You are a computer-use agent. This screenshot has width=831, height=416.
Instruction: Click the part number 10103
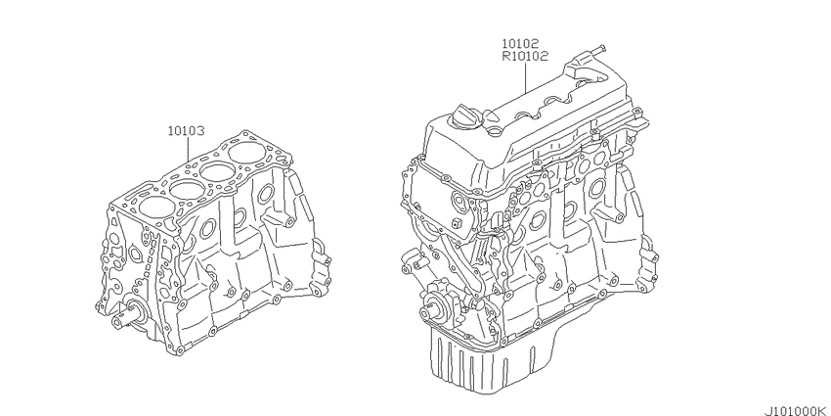186,130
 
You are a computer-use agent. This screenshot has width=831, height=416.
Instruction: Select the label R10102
525,56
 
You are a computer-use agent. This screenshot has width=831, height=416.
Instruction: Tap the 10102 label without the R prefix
521,43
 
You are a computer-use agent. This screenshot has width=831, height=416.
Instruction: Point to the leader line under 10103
189,150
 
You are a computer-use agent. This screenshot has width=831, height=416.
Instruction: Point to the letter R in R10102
506,56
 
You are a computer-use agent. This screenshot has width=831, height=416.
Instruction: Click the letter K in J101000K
825,409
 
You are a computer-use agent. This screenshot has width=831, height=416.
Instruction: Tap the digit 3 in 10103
200,130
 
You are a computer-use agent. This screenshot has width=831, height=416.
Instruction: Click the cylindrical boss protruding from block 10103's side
281,219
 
